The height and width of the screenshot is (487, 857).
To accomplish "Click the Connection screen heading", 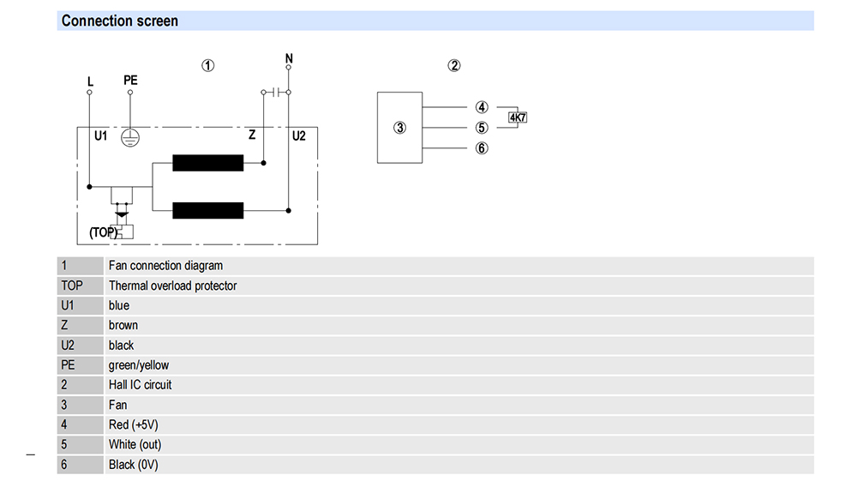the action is (x=120, y=21).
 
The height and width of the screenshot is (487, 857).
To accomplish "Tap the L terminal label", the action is (x=90, y=81).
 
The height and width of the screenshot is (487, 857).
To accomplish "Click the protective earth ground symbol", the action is (x=130, y=138).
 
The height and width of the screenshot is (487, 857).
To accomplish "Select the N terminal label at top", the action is (x=289, y=58).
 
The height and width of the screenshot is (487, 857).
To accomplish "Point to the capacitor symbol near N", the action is (x=276, y=93).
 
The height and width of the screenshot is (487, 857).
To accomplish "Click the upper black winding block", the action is (x=207, y=163).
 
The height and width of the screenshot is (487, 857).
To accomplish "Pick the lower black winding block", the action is (x=207, y=210).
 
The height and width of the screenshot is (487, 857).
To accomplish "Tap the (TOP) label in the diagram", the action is (x=103, y=233).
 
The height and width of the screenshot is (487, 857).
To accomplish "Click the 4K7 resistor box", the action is (x=518, y=117).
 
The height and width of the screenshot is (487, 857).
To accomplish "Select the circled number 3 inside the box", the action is (x=400, y=128).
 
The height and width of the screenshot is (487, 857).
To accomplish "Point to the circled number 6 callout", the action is (x=482, y=148).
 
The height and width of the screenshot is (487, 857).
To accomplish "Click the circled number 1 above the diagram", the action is (x=207, y=65).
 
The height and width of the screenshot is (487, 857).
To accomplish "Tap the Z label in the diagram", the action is (x=252, y=135).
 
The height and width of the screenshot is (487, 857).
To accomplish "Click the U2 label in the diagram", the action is (x=299, y=136).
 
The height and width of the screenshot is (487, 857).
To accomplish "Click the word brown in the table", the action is (x=123, y=325).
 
